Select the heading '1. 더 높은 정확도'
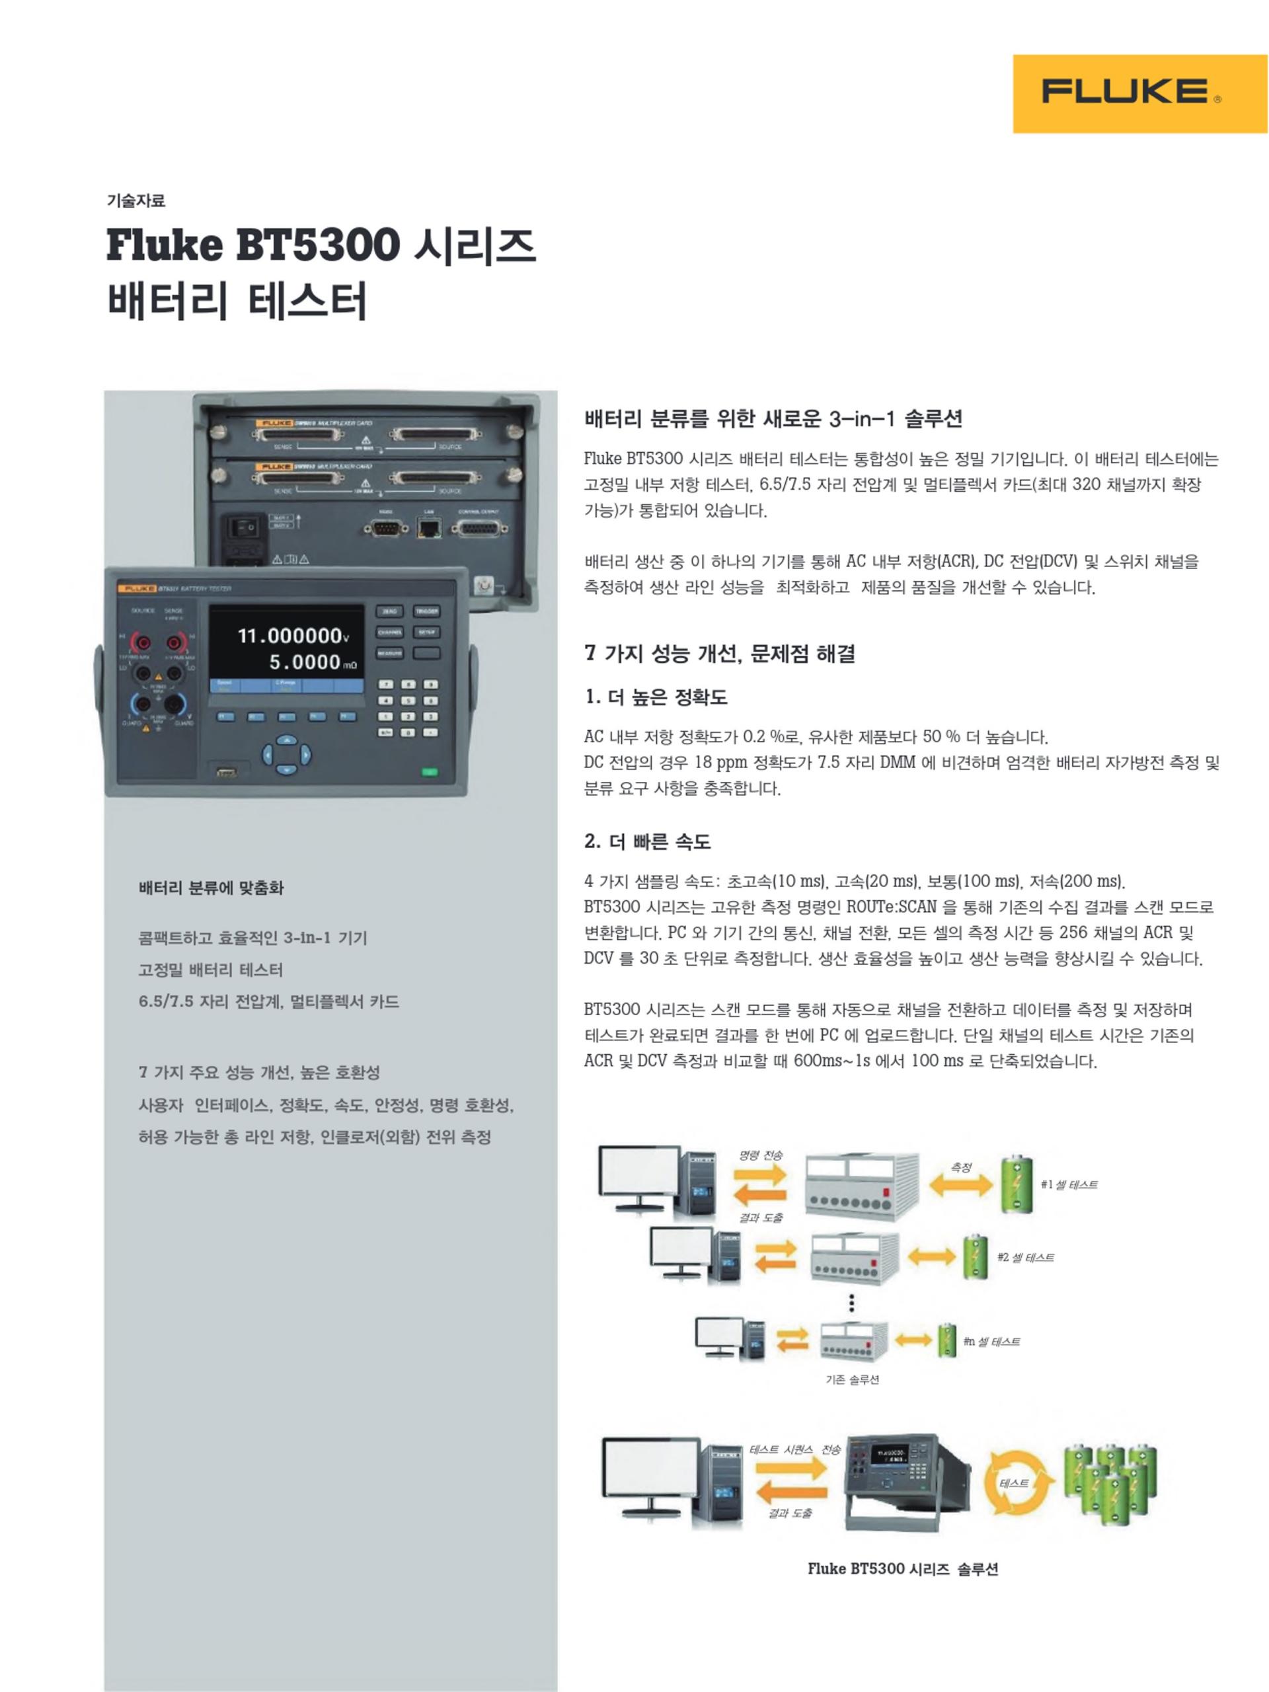coord(656,697)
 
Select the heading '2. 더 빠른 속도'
coord(647,841)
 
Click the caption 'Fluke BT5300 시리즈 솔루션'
coord(903,1569)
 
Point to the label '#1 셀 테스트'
coord(1069,1184)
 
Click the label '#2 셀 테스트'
coord(1025,1256)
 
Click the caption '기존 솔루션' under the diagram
coord(851,1379)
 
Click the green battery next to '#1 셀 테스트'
coord(1017,1185)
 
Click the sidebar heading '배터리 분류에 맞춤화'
coord(211,888)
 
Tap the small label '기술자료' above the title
coord(135,201)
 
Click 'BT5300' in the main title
coord(317,246)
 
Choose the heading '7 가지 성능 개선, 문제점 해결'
coord(719,653)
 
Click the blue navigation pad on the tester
coord(286,755)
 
